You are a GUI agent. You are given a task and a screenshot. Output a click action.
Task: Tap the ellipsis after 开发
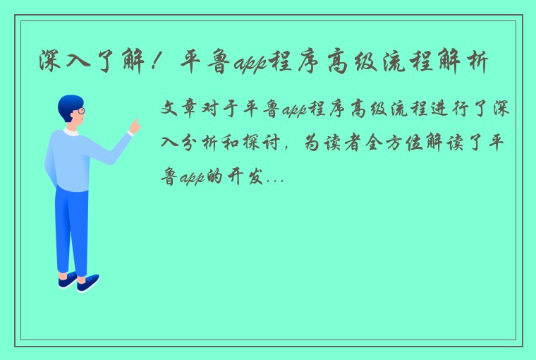(x=276, y=181)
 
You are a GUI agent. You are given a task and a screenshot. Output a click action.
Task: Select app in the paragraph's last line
(x=191, y=179)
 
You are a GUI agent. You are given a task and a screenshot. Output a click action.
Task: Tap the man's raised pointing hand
(x=134, y=126)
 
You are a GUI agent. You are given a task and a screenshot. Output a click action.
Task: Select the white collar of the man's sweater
(x=70, y=132)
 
